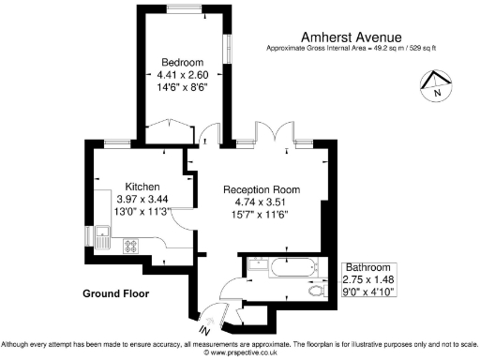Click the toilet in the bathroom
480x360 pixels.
pos(317,292)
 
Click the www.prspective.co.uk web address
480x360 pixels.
pos(239,352)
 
